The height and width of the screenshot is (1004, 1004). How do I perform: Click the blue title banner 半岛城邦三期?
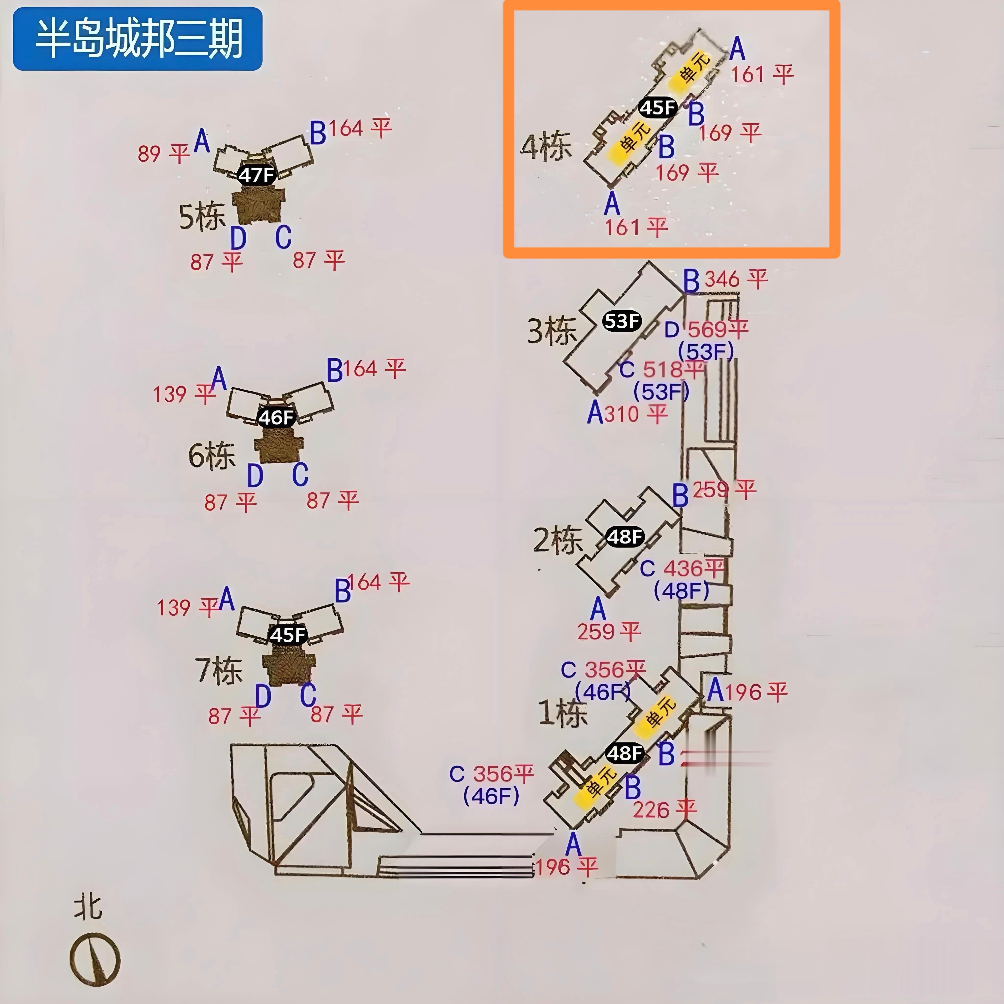(x=138, y=39)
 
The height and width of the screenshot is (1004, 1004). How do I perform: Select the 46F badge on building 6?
(x=276, y=417)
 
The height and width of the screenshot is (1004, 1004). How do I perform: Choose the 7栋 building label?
(x=218, y=670)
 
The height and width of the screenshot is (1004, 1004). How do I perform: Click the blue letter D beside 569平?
(x=671, y=329)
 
